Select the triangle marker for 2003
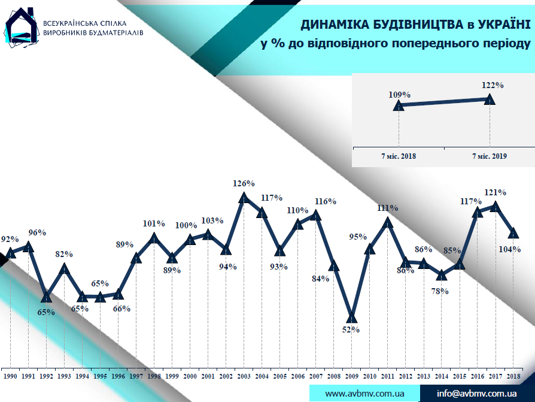click(244, 197)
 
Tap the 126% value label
click(244, 183)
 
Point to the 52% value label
click(351, 330)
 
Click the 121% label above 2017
click(496, 193)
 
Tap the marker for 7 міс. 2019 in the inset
click(490, 99)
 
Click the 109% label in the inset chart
click(399, 95)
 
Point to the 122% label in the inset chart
click(493, 85)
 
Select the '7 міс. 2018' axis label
click(399, 156)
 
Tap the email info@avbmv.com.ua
click(477, 394)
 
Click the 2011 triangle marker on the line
click(388, 222)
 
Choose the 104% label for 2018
click(509, 249)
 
